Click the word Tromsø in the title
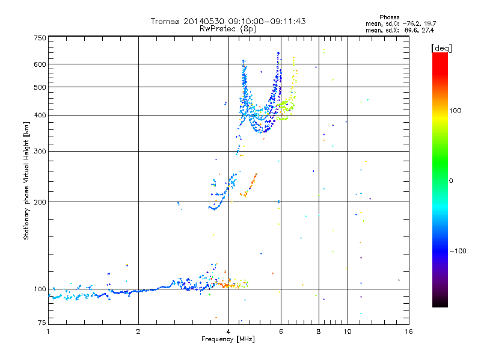click(x=165, y=22)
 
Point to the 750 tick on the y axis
click(x=40, y=38)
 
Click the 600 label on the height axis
click(x=40, y=64)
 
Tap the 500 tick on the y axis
click(x=40, y=87)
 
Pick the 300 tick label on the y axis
click(x=40, y=151)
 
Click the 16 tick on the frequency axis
click(x=408, y=332)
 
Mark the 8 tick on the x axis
click(x=319, y=332)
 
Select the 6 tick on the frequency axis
click(x=281, y=332)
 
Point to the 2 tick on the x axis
click(x=138, y=332)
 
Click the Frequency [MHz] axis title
click(x=228, y=339)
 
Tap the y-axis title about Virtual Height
click(x=26, y=180)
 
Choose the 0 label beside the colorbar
click(x=452, y=180)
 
